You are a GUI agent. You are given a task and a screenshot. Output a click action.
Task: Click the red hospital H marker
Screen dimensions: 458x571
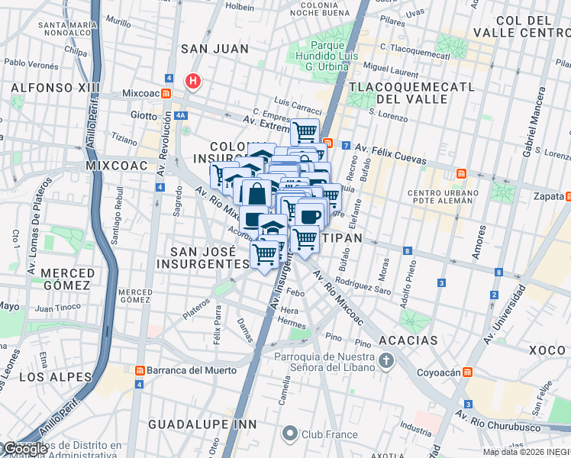click(x=194, y=80)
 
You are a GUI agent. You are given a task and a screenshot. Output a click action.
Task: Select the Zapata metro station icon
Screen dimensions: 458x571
click(x=566, y=195)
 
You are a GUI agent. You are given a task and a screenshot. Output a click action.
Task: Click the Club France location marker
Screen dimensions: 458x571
click(x=289, y=434)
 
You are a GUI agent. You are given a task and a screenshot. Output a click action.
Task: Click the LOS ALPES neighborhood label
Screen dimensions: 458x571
click(x=49, y=377)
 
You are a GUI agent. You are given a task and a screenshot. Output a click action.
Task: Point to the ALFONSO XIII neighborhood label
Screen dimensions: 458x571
click(x=55, y=88)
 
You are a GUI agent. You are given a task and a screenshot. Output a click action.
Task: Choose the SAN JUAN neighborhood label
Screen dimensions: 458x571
click(x=215, y=49)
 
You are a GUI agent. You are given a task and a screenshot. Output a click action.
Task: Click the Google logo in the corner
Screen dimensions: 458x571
click(x=24, y=450)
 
